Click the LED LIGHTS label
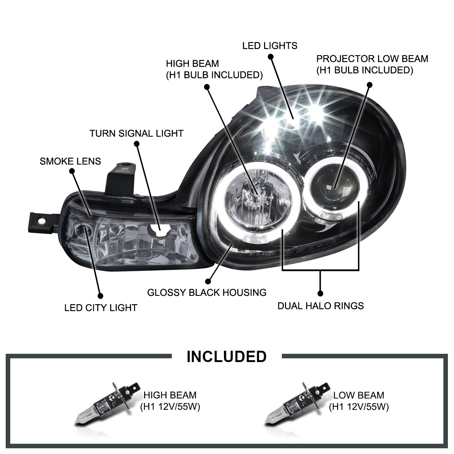click(x=270, y=46)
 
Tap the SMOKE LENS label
click(x=70, y=161)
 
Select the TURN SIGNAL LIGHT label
click(x=136, y=133)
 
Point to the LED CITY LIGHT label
click(x=101, y=308)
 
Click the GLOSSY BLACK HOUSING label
click(x=207, y=292)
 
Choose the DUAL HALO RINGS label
click(x=320, y=305)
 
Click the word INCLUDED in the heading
click(x=227, y=356)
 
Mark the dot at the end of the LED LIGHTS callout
click(x=270, y=57)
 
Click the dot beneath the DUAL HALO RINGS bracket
click(x=320, y=293)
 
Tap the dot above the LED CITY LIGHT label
click(x=100, y=296)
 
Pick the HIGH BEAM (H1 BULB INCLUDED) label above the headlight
click(x=214, y=69)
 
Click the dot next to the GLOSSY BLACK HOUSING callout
click(x=207, y=281)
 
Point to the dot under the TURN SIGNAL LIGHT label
click(x=137, y=144)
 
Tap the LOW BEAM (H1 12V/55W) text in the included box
click(x=358, y=401)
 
